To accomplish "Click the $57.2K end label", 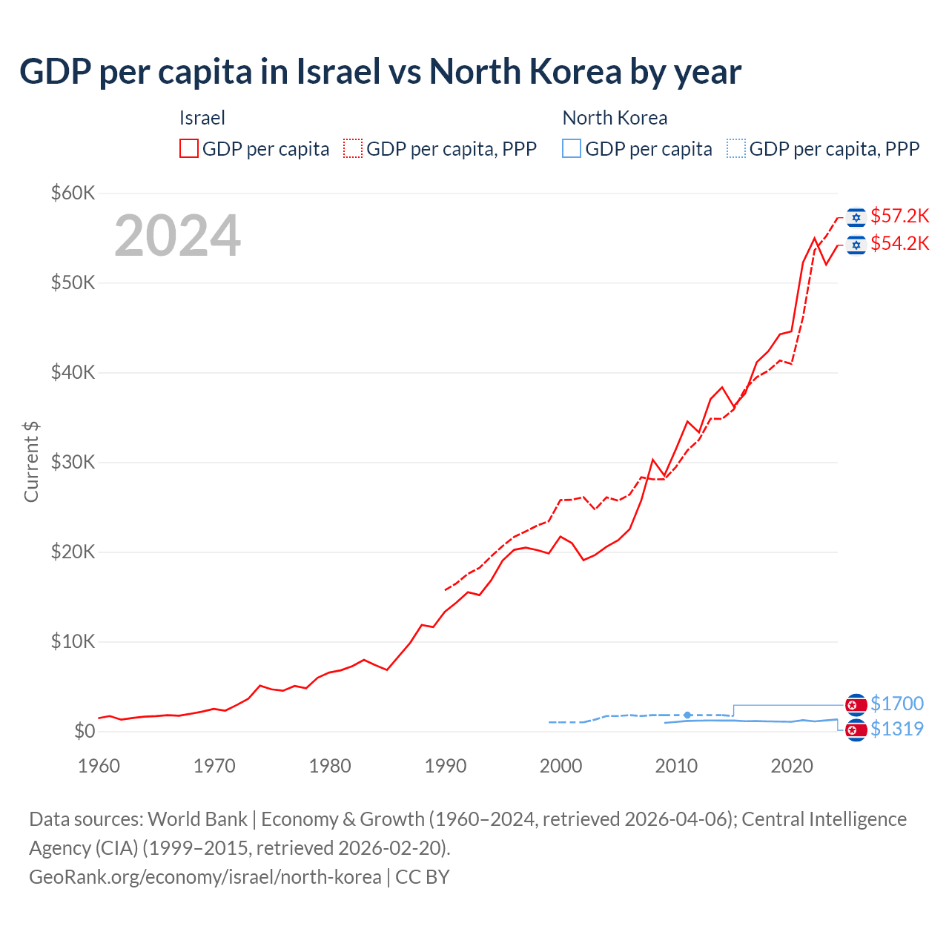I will pyautogui.click(x=899, y=216).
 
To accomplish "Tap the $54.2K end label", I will pyautogui.click(x=899, y=243).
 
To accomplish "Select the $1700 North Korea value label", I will pyautogui.click(x=896, y=703).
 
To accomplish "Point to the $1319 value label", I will pyautogui.click(x=896, y=729).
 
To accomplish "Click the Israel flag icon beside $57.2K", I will pyautogui.click(x=856, y=216).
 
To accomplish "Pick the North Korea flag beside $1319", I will pyautogui.click(x=856, y=730).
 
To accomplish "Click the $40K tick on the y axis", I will pyautogui.click(x=73, y=372).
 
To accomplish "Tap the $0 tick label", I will pyautogui.click(x=85, y=731).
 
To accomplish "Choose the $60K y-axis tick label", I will pyautogui.click(x=73, y=193).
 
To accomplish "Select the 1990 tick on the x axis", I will pyautogui.click(x=445, y=766).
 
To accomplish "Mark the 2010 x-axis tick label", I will pyautogui.click(x=676, y=766).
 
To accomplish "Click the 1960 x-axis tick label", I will pyautogui.click(x=99, y=766).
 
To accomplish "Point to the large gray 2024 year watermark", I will pyautogui.click(x=177, y=236).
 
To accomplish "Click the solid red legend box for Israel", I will pyautogui.click(x=189, y=148).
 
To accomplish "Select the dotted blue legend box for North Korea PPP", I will pyautogui.click(x=736, y=148).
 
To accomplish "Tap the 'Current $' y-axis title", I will pyautogui.click(x=31, y=461).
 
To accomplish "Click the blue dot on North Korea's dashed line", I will pyautogui.click(x=687, y=715).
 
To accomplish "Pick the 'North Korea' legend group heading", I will pyautogui.click(x=615, y=118).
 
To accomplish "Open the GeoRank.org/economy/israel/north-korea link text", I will pyautogui.click(x=205, y=877).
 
